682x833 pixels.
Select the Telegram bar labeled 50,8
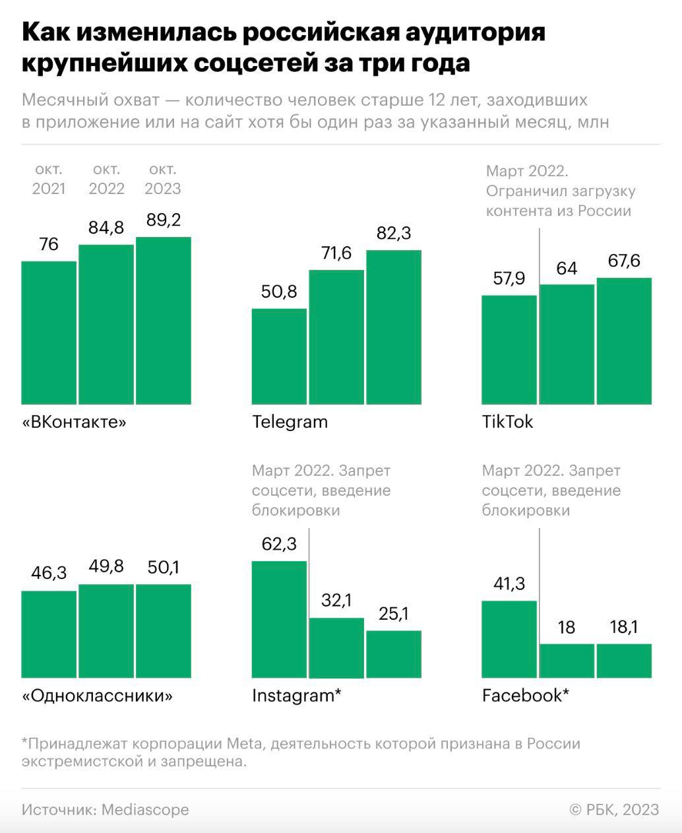pyautogui.click(x=279, y=356)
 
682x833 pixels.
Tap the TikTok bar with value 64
pyautogui.click(x=567, y=344)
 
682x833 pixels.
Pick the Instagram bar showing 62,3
pyautogui.click(x=279, y=619)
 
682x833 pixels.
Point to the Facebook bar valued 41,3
pyautogui.click(x=509, y=639)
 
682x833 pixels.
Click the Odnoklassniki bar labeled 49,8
pyautogui.click(x=106, y=630)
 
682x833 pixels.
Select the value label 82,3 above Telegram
pyautogui.click(x=393, y=234)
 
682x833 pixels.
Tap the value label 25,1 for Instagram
pyautogui.click(x=393, y=614)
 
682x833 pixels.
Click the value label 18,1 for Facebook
pyautogui.click(x=624, y=627)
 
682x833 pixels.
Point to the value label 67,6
pyautogui.click(x=624, y=261)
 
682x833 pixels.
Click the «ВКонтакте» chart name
pyautogui.click(x=74, y=422)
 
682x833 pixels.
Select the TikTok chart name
pyautogui.click(x=507, y=422)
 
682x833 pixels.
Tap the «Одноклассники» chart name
pyautogui.click(x=97, y=696)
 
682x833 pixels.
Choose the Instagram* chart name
pyautogui.click(x=296, y=696)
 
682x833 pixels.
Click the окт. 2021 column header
pyautogui.click(x=49, y=179)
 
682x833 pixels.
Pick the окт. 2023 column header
pyautogui.click(x=162, y=179)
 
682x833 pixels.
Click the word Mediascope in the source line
pyautogui.click(x=145, y=809)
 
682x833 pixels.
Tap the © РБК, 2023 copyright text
pyautogui.click(x=614, y=809)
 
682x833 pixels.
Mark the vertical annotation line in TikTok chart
pyautogui.click(x=540, y=257)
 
